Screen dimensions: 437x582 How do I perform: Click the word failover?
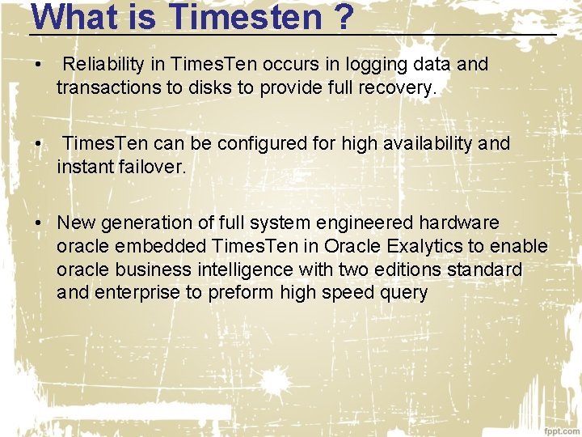point(152,168)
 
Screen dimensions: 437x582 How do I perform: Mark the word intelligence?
point(240,269)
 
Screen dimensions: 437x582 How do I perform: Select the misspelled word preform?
point(242,293)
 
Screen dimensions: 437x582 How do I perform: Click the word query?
point(402,293)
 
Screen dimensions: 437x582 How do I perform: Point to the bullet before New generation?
point(38,223)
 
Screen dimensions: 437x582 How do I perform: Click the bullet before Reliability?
point(38,64)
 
